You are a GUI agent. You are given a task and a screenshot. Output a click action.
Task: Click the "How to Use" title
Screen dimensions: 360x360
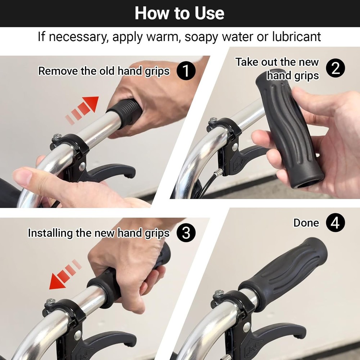pyautogui.click(x=179, y=13)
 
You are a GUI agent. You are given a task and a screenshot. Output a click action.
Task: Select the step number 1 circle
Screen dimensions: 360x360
pyautogui.click(x=186, y=71)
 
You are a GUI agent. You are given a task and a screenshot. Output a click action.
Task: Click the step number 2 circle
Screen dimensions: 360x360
pyautogui.click(x=336, y=68)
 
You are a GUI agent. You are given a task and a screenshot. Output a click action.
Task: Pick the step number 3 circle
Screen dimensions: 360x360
pyautogui.click(x=186, y=233)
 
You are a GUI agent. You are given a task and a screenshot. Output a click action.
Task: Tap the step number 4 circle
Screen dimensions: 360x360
pyautogui.click(x=336, y=223)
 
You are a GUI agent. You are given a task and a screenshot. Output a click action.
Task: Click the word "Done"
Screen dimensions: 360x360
pyautogui.click(x=306, y=223)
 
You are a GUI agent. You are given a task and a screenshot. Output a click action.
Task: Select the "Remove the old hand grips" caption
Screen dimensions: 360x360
pyautogui.click(x=104, y=71)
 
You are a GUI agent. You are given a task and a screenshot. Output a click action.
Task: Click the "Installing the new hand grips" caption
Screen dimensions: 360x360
pyautogui.click(x=99, y=233)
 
